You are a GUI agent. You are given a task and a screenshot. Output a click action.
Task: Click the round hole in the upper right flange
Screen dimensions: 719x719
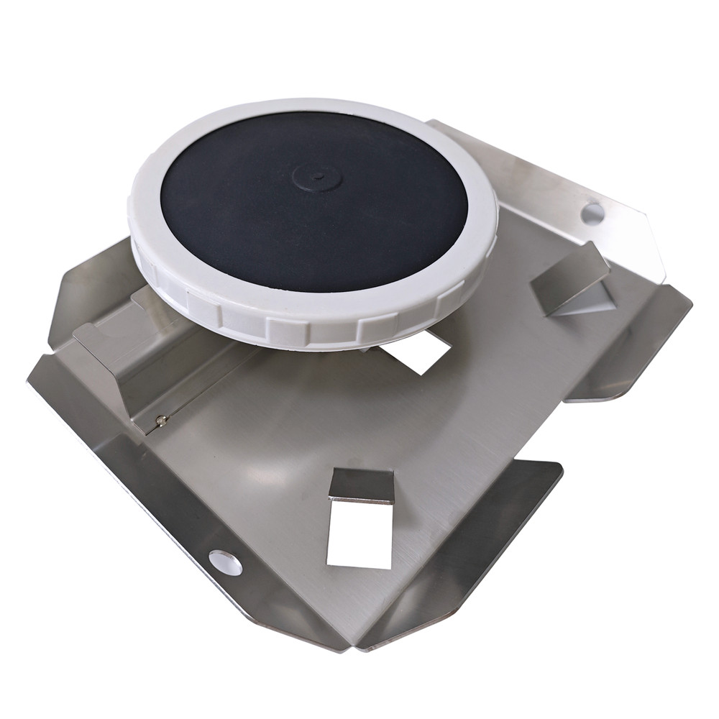click(592, 213)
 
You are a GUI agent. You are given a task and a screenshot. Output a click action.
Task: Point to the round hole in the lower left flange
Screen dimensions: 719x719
click(225, 562)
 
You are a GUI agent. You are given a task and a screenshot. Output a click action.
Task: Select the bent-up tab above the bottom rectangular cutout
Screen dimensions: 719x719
click(362, 485)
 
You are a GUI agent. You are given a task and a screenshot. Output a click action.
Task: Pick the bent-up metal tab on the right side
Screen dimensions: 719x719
click(568, 277)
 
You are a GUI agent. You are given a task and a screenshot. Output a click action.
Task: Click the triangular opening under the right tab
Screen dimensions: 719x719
click(586, 302)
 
